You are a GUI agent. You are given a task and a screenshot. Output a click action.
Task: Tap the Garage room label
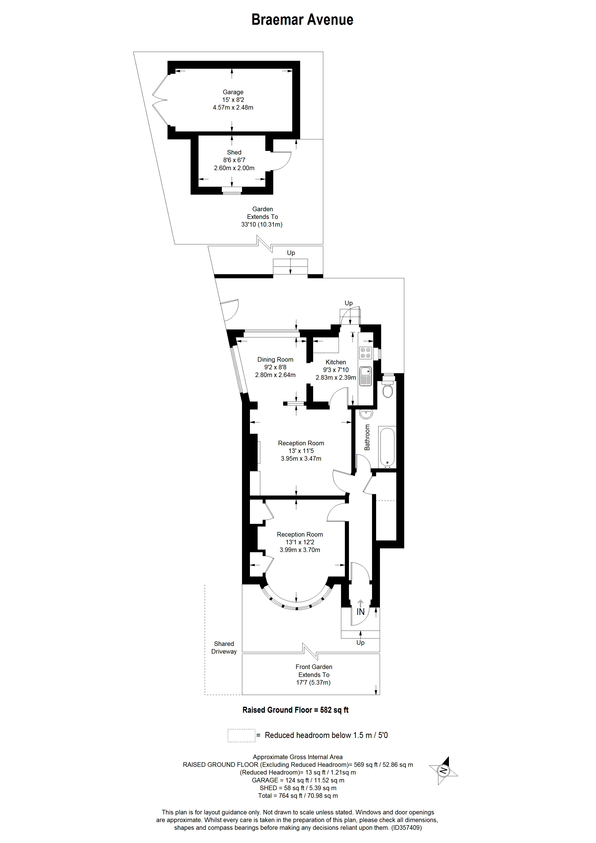coord(233,92)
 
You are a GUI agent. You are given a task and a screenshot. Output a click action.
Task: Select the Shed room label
coord(234,152)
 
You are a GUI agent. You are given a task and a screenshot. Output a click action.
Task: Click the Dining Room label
coord(275,360)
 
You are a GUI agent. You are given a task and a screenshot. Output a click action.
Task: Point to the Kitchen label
coord(336,362)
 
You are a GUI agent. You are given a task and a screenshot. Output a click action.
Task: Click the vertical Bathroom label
coord(367,437)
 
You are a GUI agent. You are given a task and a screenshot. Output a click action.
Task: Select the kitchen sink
coord(365,376)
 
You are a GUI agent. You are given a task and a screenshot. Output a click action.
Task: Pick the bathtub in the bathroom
coord(387,447)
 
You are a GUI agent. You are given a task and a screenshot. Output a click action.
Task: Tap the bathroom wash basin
coord(366,414)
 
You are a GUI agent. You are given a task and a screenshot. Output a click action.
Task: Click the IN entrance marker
coord(361,612)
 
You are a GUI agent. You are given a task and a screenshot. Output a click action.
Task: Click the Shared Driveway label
coord(224,648)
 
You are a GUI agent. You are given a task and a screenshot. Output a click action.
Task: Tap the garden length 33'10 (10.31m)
coord(262,224)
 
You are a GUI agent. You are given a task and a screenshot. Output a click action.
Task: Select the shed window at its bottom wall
coord(232,191)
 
